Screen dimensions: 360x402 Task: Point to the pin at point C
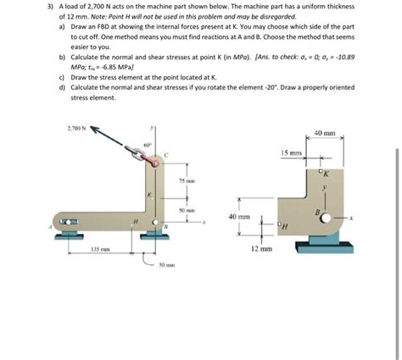[154, 160]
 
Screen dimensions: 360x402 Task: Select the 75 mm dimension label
[187, 181]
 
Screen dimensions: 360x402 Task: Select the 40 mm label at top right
[326, 133]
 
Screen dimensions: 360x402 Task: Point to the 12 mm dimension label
[261, 250]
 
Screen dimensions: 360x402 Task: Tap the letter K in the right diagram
[323, 174]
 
